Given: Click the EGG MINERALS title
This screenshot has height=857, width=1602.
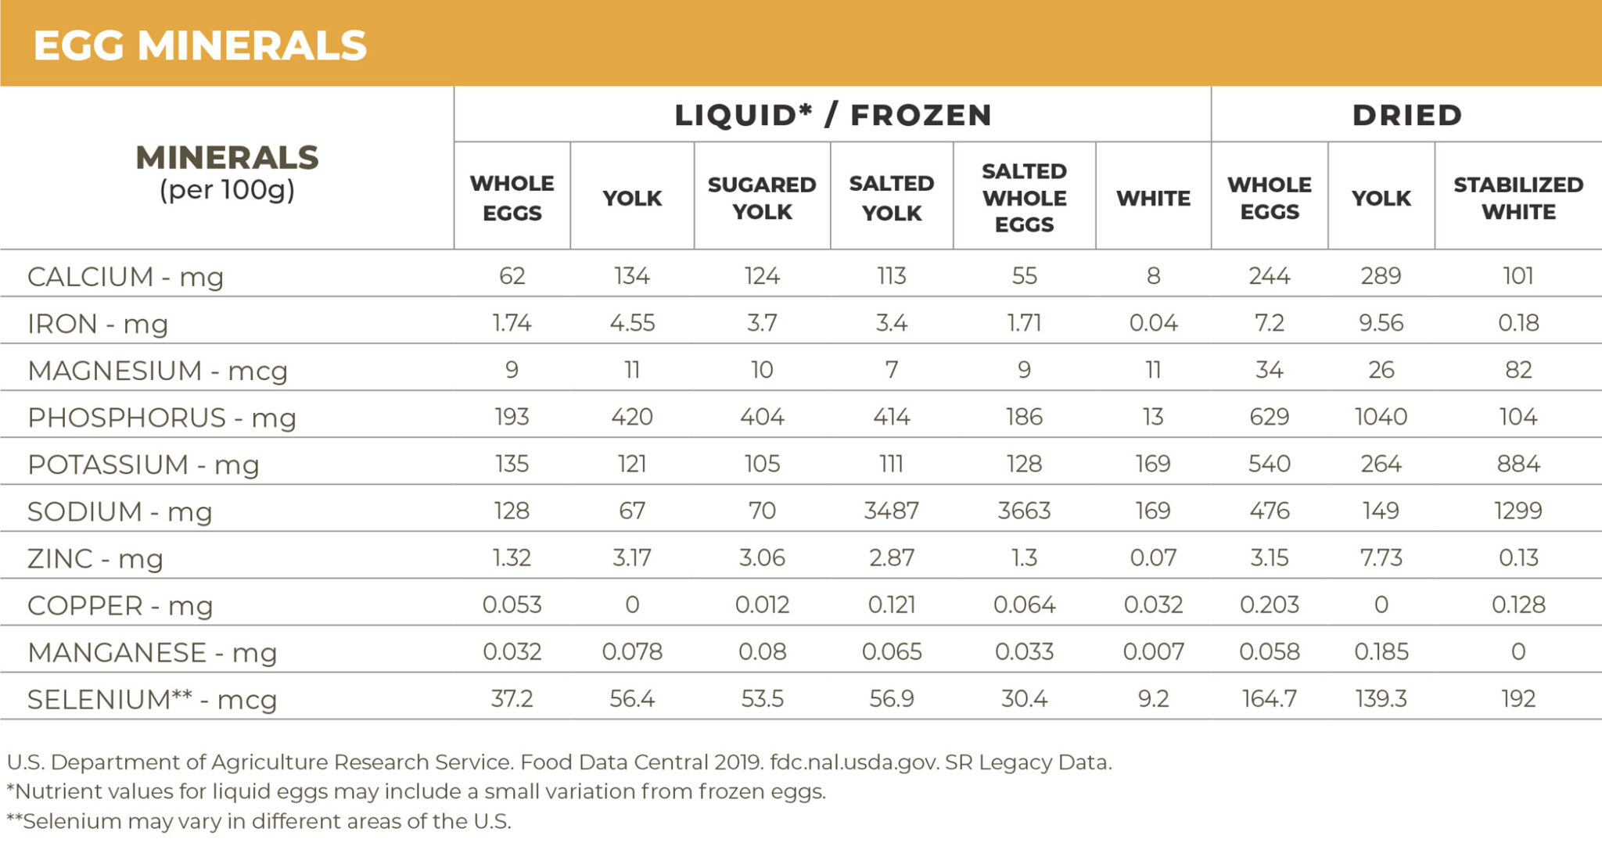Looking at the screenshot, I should coord(199,45).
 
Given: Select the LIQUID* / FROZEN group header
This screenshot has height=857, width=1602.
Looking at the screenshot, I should coord(833,115).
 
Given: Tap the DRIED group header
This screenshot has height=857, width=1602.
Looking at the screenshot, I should coord(1406,115).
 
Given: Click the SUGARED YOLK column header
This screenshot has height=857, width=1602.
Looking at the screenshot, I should coord(762,198).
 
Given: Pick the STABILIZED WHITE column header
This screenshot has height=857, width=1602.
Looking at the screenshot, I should coord(1518,198).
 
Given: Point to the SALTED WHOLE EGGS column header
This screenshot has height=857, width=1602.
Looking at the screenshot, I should coord(1024,198).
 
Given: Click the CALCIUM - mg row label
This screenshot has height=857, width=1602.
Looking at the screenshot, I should coord(125,277).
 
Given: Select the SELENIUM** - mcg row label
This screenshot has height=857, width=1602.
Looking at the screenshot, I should coord(152,699).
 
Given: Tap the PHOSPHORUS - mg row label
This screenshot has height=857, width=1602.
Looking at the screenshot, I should coord(161,418).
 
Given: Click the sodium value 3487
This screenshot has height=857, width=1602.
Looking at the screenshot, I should coord(891,511).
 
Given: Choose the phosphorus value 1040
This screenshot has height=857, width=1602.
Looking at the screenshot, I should coord(1381,417).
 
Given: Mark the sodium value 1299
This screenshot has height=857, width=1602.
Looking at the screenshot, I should coord(1518,511).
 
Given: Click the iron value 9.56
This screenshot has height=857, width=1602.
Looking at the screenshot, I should coord(1381,323).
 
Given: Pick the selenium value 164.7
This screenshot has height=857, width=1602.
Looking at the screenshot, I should coord(1269,698).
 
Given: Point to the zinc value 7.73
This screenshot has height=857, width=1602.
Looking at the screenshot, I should coord(1381,558).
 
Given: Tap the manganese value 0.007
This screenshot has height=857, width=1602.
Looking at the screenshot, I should coord(1153,651).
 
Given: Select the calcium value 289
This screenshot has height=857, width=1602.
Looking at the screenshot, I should coord(1381,276).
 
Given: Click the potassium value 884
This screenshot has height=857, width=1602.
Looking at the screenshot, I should coord(1518,464).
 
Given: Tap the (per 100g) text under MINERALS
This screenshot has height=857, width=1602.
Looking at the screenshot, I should coord(227,190).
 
